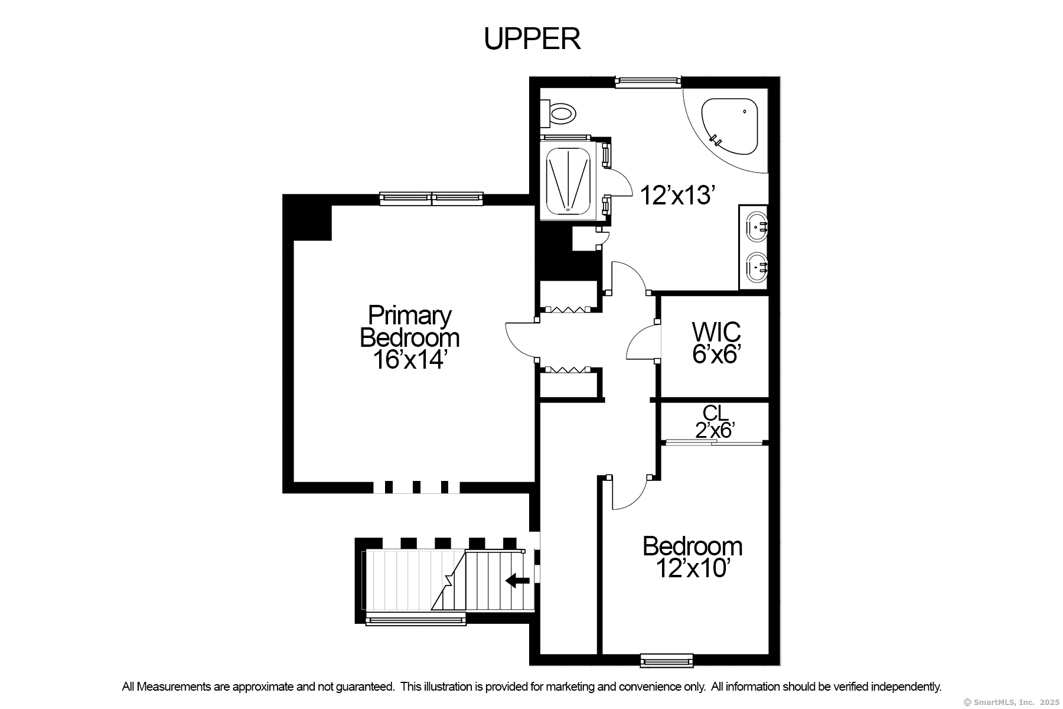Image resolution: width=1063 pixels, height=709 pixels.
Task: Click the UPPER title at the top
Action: (532, 39)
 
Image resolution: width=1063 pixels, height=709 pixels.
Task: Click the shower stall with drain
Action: (568, 180)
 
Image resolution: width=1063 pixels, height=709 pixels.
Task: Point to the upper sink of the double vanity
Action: (757, 226)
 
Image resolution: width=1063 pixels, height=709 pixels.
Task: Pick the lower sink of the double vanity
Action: (757, 268)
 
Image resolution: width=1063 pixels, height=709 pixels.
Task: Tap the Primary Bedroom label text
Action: (409, 326)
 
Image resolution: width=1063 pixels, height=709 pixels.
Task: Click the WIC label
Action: (716, 331)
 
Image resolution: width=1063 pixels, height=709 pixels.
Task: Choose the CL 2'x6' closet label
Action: (715, 421)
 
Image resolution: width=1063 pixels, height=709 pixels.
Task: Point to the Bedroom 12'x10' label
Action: (692, 557)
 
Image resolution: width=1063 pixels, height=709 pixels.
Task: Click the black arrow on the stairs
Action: (518, 580)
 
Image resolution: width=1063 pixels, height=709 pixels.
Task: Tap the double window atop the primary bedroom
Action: (431, 199)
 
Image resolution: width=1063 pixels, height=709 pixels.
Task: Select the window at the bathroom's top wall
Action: (648, 82)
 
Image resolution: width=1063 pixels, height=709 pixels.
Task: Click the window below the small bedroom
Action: (666, 660)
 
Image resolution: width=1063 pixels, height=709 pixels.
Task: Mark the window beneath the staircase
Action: (415, 619)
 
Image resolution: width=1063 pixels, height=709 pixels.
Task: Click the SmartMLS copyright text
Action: (1011, 702)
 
